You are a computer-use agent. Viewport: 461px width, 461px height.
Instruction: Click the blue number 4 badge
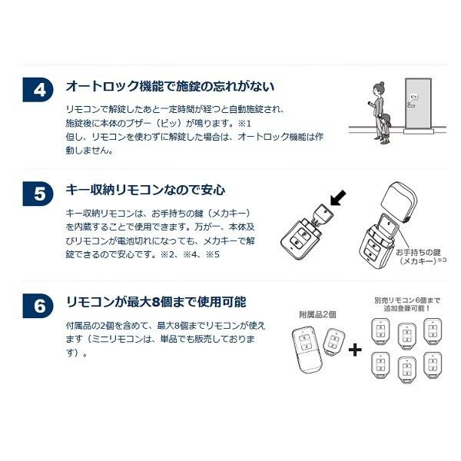[x=40, y=88]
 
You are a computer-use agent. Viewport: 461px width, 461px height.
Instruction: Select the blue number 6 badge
[x=40, y=304]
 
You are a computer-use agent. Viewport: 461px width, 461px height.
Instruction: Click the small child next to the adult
[x=384, y=125]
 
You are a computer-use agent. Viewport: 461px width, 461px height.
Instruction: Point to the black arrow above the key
[x=337, y=198]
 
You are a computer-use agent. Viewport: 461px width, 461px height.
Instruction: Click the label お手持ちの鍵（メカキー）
[x=419, y=257]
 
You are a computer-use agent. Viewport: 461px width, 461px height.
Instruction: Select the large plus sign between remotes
[x=354, y=350]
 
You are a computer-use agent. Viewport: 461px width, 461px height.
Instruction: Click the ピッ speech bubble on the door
[x=413, y=98]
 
